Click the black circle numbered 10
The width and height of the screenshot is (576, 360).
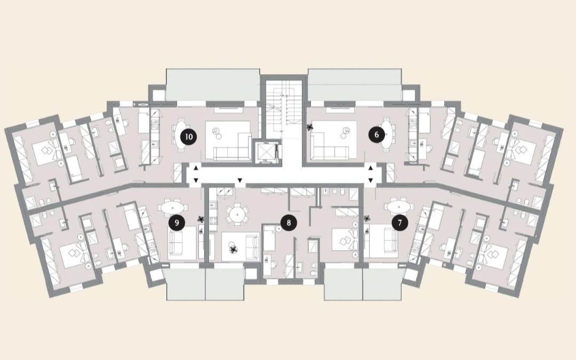[189, 137]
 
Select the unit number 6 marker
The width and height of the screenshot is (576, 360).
[377, 135]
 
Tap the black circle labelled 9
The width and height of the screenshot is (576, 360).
[177, 222]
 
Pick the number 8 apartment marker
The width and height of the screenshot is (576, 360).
[289, 222]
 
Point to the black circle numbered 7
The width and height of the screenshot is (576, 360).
[399, 222]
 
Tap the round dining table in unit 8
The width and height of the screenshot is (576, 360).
[237, 213]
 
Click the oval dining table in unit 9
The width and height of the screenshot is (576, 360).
[173, 207]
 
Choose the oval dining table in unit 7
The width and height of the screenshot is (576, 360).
[398, 207]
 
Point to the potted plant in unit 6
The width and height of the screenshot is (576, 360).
[310, 127]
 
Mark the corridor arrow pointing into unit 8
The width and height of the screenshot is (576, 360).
[240, 180]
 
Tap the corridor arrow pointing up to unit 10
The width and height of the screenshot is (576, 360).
[196, 168]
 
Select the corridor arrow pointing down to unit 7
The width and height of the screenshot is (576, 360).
[371, 180]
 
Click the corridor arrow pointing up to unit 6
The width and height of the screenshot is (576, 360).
[371, 168]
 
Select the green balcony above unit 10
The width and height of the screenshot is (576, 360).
[213, 84]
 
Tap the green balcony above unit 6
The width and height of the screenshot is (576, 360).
[355, 84]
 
